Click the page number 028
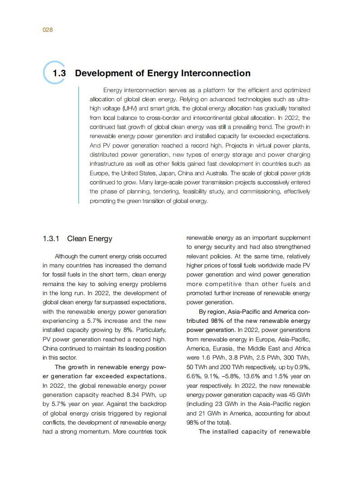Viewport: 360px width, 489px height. click(48, 30)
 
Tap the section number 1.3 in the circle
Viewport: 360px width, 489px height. click(59, 74)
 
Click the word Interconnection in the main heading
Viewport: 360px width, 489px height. click(216, 74)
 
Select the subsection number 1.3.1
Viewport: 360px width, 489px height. click(51, 239)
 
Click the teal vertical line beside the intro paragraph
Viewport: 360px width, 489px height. click(79, 145)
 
